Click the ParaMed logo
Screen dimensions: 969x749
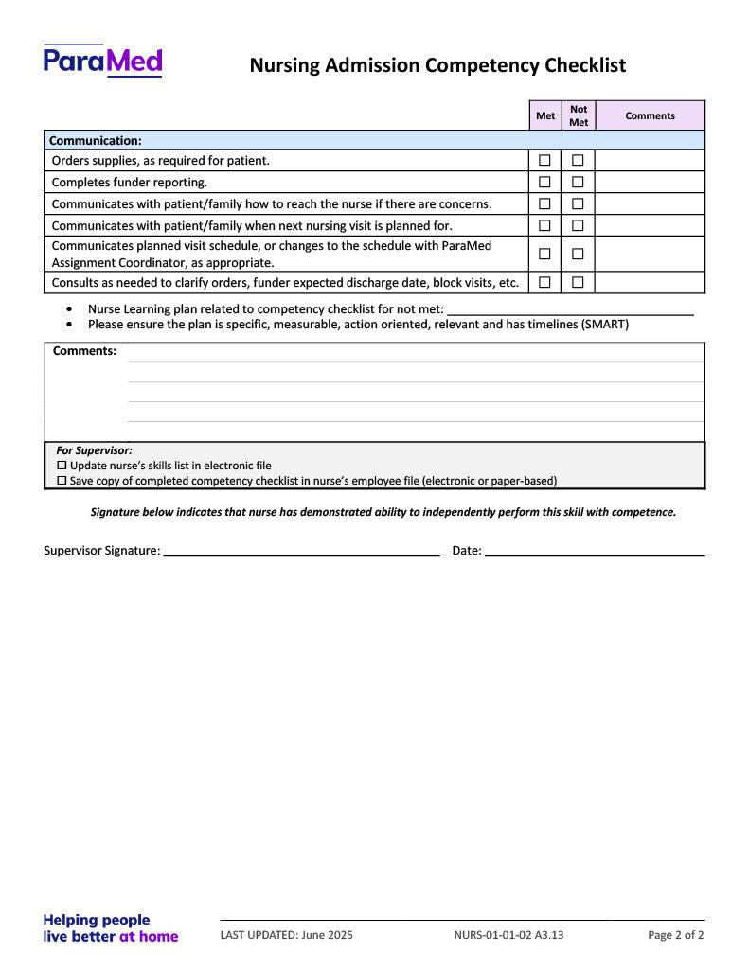coord(102,62)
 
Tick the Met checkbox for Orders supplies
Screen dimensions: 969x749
coord(544,161)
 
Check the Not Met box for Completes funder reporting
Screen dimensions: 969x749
coord(578,183)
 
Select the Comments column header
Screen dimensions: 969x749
coord(650,115)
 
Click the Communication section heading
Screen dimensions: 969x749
coord(96,140)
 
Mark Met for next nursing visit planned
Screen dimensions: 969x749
coord(544,226)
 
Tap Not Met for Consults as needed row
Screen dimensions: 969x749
coord(578,282)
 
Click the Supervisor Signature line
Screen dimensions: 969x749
coord(301,551)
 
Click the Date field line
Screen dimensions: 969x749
coord(595,551)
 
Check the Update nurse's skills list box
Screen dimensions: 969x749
coord(62,466)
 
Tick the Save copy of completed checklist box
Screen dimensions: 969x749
coord(62,481)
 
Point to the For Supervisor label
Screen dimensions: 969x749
coord(94,450)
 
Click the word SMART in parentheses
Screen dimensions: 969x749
coord(605,325)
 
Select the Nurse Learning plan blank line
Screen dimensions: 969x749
coord(570,309)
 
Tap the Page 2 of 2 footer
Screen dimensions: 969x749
coord(675,936)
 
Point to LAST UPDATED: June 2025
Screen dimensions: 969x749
coord(286,936)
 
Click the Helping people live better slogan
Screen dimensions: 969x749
coord(110,928)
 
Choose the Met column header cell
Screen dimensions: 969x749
coord(545,115)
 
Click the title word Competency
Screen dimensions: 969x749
coord(483,65)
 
